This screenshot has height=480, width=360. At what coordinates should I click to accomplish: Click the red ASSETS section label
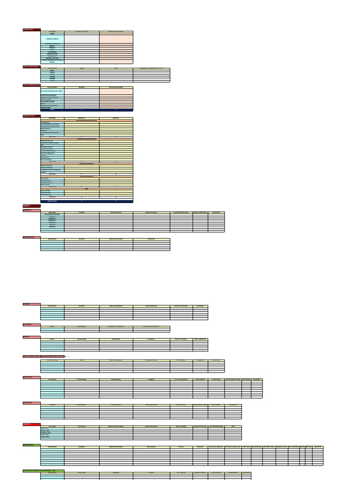click(x=27, y=205)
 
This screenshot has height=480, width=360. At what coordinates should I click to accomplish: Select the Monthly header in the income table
click(x=82, y=87)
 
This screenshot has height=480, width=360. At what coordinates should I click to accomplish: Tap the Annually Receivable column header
click(x=116, y=87)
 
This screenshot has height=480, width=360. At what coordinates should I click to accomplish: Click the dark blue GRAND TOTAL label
click(x=52, y=201)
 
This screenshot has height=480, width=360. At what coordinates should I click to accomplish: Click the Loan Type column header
click(x=52, y=426)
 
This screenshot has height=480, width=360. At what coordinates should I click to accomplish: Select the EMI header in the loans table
click(x=233, y=426)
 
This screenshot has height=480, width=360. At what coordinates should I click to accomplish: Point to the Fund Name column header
click(x=52, y=379)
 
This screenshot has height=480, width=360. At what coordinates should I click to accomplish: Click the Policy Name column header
click(x=52, y=447)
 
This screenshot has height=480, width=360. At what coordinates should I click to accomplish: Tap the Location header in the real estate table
click(x=82, y=212)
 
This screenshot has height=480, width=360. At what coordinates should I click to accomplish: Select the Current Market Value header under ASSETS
click(x=181, y=212)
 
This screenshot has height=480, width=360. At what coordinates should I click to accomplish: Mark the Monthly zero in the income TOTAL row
click(x=82, y=110)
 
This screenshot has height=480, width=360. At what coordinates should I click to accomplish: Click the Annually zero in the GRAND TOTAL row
click(x=116, y=201)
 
